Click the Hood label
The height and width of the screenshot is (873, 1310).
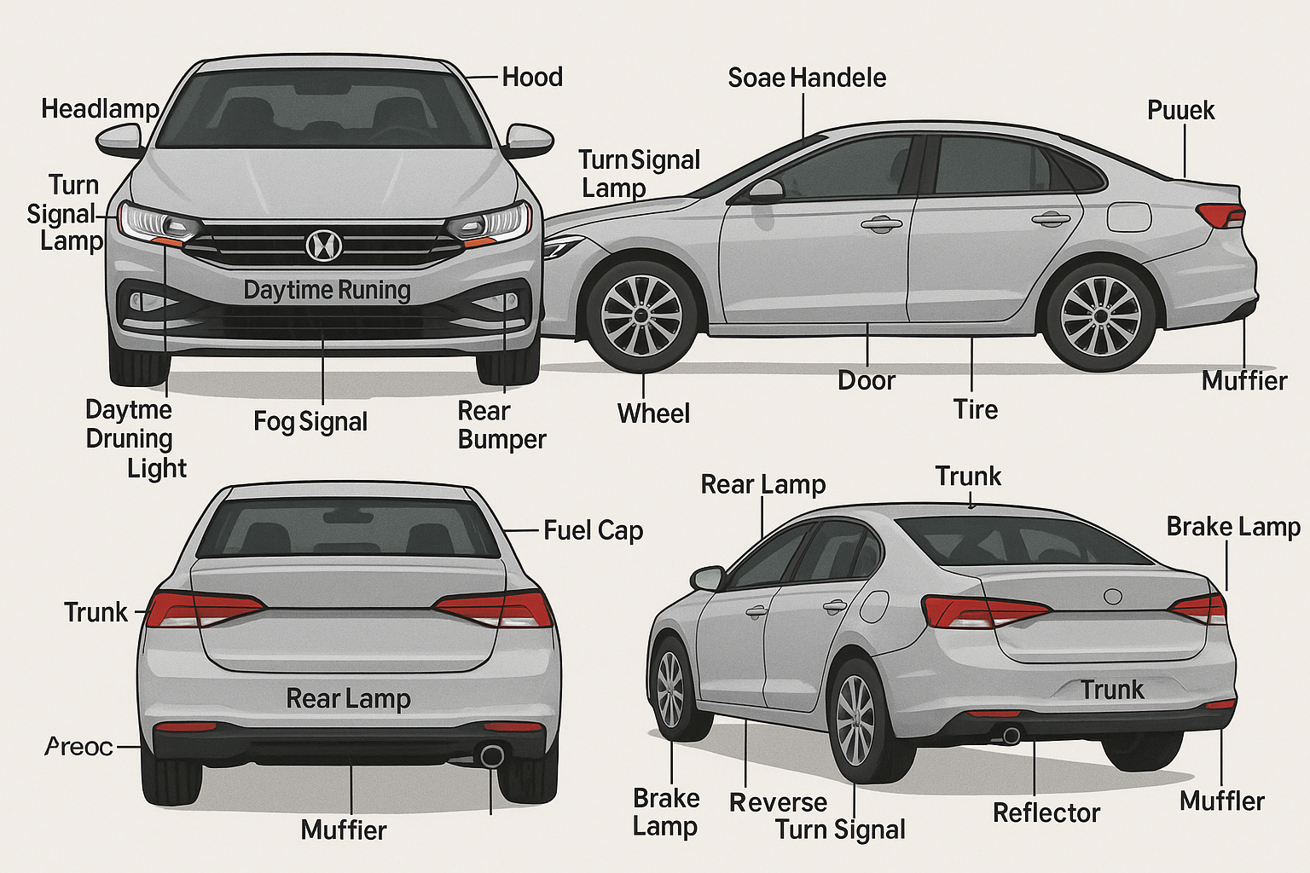tap(532, 78)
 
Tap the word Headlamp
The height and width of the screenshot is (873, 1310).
tap(100, 109)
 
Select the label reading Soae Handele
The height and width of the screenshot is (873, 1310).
tap(807, 78)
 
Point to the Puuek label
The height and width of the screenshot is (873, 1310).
tap(1180, 110)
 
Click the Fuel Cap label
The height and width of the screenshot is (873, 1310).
tap(593, 530)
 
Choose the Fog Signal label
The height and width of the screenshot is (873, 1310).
tap(310, 422)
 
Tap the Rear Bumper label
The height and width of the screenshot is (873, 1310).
tap(501, 425)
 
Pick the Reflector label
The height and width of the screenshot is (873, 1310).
tap(1046, 813)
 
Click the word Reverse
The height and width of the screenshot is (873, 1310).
tap(778, 803)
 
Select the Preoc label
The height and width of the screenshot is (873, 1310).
tap(79, 747)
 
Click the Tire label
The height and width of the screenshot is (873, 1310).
tap(976, 410)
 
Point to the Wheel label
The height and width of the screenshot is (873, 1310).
tap(653, 414)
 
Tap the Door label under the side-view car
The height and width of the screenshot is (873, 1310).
tap(867, 380)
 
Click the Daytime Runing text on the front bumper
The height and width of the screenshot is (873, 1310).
tap(327, 291)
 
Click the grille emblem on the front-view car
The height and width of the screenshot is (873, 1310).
tap(323, 246)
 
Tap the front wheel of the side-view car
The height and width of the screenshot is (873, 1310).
tap(641, 315)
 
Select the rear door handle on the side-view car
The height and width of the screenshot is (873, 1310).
tap(1051, 219)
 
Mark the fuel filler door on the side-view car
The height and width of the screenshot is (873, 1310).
tap(1127, 217)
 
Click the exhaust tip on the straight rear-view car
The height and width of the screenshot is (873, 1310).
tap(492, 755)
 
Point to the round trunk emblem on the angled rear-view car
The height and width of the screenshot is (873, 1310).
tap(1113, 597)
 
